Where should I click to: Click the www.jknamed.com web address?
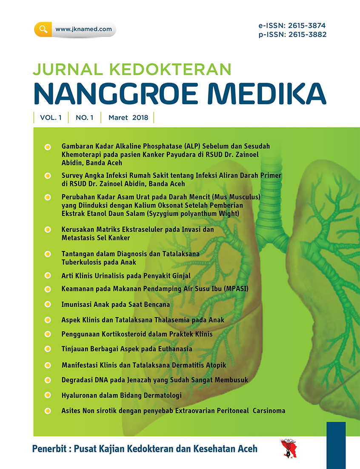pos(83,29)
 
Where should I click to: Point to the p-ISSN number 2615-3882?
pos(305,34)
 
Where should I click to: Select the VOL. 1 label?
pos(51,118)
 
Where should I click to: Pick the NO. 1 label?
pos(84,118)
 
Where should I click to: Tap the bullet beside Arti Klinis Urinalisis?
pos(48,276)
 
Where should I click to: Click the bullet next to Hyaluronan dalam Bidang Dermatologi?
pos(48,395)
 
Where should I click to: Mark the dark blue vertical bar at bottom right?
pos(336,445)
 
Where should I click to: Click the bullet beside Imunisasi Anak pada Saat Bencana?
pos(48,304)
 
